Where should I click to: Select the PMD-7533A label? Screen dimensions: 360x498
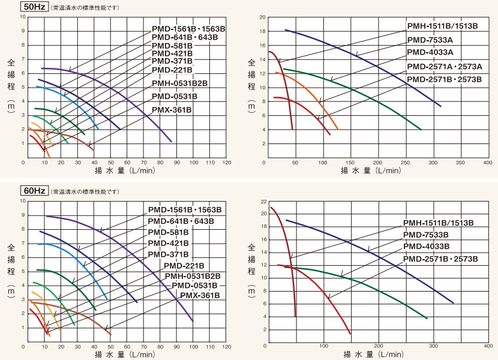pyautogui.click(x=430, y=40)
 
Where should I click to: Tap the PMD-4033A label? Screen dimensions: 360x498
pyautogui.click(x=430, y=53)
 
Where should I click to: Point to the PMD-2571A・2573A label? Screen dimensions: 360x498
pyautogui.click(x=445, y=66)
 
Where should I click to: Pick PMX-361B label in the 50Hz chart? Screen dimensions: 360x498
pyautogui.click(x=172, y=110)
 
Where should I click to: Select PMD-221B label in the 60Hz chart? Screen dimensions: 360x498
pyautogui.click(x=184, y=266)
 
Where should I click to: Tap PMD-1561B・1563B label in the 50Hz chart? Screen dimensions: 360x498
pyautogui.click(x=188, y=28)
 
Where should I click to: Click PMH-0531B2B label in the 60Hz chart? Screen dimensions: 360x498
pyautogui.click(x=193, y=276)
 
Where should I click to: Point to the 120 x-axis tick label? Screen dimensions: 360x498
pyautogui.click(x=227, y=163)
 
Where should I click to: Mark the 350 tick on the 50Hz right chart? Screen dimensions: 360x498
pyautogui.click(x=460, y=163)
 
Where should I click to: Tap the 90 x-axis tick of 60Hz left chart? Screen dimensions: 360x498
pyautogui.click(x=176, y=347)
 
